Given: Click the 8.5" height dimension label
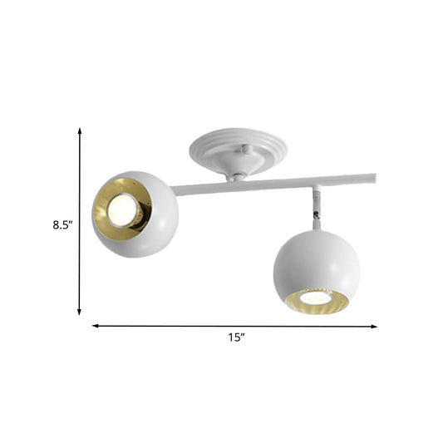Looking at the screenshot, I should point(61,224).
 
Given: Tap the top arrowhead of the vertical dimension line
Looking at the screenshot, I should point(80,131).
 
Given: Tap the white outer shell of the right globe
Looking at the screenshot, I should point(312,258).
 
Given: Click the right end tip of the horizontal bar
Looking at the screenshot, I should point(372,176).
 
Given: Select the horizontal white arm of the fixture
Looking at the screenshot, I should point(274,183).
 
